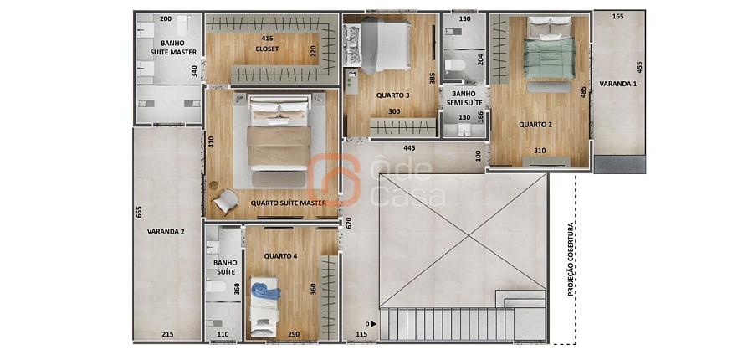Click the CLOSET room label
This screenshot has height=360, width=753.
click(267, 49)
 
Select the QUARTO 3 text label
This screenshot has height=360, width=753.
click(393, 95)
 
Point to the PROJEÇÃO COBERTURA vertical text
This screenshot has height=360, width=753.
click(571, 259)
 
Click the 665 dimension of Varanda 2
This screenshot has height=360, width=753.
click(139, 212)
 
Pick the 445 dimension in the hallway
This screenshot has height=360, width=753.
click(409, 148)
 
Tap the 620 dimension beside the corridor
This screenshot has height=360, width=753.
click(349, 222)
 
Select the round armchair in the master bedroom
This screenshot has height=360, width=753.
click(225, 202)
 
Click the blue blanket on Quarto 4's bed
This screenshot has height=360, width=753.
click(265, 291)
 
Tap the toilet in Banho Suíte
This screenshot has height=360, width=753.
click(216, 286)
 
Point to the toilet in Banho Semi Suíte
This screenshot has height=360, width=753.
click(453, 66)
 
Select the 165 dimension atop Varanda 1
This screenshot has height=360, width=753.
click(618, 17)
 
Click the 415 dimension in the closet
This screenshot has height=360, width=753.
click(268, 38)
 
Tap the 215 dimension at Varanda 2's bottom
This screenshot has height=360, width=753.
click(167, 334)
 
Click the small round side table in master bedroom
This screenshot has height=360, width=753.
click(213, 184)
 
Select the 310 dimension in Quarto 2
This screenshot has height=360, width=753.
click(540, 151)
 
